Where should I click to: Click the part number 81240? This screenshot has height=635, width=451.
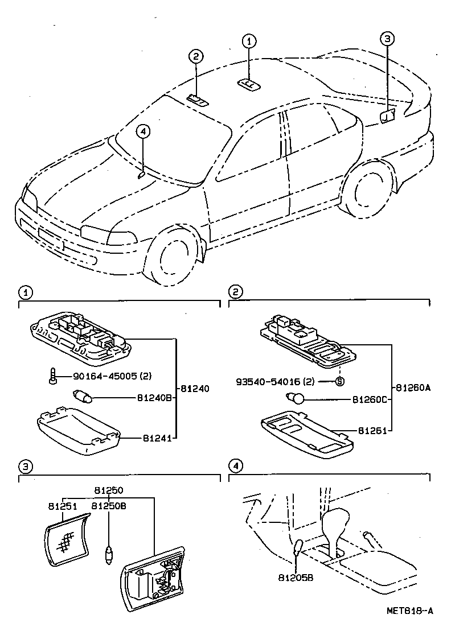[x=195, y=389]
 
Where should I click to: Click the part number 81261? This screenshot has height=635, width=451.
[x=370, y=431]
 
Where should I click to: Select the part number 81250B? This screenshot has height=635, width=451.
[x=109, y=505]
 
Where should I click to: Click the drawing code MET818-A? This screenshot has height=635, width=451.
[x=410, y=611]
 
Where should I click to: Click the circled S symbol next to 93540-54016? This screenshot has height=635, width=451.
[x=339, y=381]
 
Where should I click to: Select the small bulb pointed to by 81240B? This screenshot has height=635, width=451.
[x=84, y=396]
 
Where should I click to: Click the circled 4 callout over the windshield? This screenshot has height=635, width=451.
[x=143, y=131]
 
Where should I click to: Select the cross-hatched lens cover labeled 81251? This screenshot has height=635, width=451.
[x=68, y=538]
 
